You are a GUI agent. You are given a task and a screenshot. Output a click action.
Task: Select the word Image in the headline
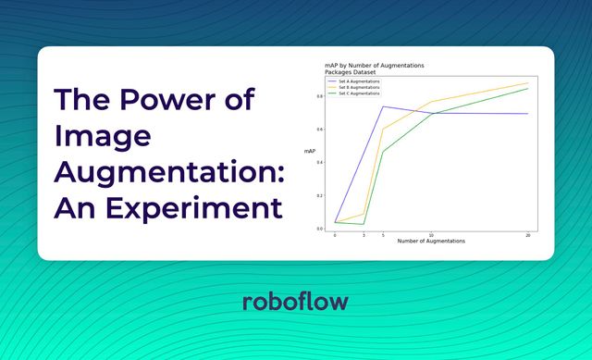102,135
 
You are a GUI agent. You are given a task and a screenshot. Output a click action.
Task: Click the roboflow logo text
295,303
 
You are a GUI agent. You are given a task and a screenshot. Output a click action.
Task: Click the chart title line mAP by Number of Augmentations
374,65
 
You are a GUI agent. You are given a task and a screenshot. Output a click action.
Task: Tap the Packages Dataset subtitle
351,71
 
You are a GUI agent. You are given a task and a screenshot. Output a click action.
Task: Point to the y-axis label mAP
310,151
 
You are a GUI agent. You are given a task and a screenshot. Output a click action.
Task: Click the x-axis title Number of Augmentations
430,241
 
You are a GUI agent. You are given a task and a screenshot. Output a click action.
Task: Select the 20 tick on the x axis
527,234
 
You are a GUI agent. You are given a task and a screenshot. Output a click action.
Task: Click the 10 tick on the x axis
431,234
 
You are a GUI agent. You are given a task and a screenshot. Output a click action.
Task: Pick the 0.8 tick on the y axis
320,95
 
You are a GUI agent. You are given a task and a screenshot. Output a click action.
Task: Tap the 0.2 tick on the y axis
320,195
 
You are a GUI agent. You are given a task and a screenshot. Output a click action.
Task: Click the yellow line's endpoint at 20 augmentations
527,83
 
